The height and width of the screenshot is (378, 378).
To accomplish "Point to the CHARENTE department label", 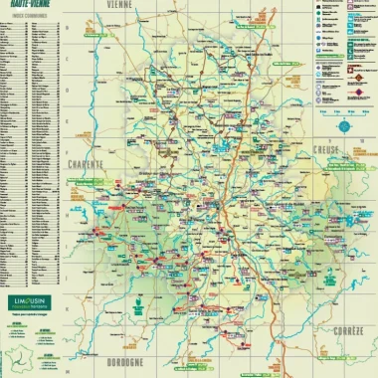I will [89, 164].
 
